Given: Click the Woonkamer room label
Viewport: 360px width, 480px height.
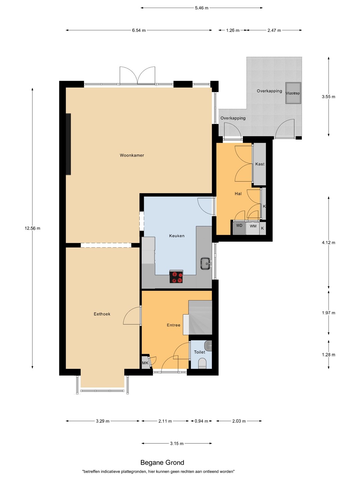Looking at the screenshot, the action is pyautogui.click(x=132, y=155).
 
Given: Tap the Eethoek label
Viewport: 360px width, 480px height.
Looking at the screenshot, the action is pyautogui.click(x=102, y=314).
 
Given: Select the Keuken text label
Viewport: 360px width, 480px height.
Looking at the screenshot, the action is pyautogui.click(x=177, y=236).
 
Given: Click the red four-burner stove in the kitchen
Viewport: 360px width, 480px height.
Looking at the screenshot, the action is pyautogui.click(x=176, y=277).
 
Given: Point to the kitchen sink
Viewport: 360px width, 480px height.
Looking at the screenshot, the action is pyautogui.click(x=206, y=264).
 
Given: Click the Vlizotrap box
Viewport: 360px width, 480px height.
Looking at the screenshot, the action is pyautogui.click(x=293, y=93).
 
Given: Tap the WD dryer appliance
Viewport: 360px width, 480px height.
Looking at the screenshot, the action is pyautogui.click(x=239, y=228).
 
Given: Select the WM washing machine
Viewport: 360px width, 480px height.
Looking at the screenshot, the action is pyautogui.click(x=253, y=228).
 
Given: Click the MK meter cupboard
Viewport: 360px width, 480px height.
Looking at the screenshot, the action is pyautogui.click(x=145, y=363).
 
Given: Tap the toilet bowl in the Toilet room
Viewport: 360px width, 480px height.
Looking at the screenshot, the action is pyautogui.click(x=202, y=363).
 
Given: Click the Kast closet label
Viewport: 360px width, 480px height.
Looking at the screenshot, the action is pyautogui.click(x=260, y=164).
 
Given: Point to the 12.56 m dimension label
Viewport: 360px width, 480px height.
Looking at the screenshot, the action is pyautogui.click(x=32, y=228).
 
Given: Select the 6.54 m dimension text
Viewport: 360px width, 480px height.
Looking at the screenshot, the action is pyautogui.click(x=139, y=30).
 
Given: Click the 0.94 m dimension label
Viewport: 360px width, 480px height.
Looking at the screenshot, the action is pyautogui.click(x=201, y=421).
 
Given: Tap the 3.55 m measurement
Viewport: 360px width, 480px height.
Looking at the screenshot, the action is pyautogui.click(x=328, y=97).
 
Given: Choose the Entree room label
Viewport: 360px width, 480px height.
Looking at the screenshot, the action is pyautogui.click(x=174, y=325).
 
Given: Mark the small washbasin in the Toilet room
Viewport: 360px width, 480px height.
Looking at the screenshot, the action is pyautogui.click(x=208, y=346).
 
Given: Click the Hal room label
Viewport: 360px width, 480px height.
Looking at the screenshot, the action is pyautogui.click(x=238, y=194).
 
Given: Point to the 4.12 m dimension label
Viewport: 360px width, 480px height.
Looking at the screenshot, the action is pyautogui.click(x=328, y=243).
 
